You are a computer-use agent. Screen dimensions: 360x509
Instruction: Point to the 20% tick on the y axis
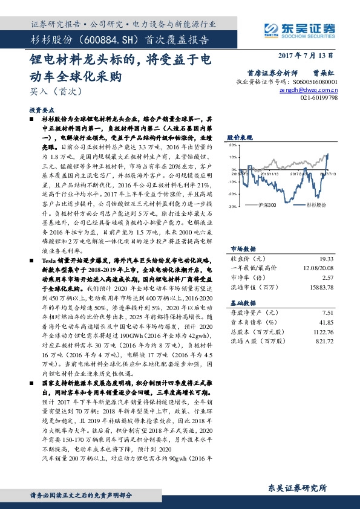(x=232, y=145)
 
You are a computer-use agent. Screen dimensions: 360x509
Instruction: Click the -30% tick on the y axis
(x=232, y=206)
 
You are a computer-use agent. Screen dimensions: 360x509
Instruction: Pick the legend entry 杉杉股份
(x=312, y=205)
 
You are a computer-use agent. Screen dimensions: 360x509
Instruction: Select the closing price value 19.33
(x=327, y=258)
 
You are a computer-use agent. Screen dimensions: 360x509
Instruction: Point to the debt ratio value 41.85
(x=327, y=323)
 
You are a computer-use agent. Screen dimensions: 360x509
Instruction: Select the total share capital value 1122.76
(x=324, y=332)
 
